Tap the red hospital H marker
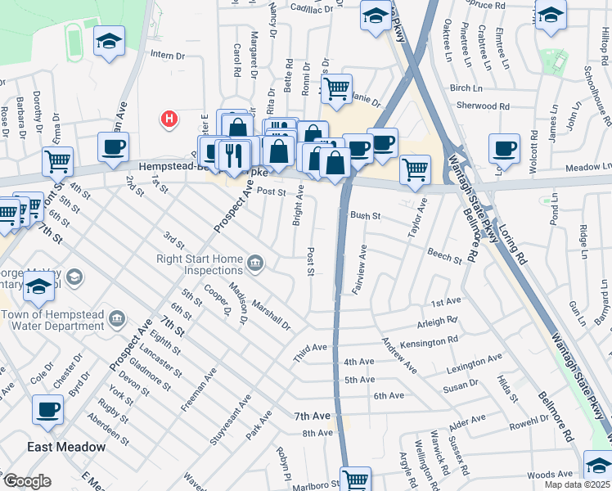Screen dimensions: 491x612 click(x=169, y=119)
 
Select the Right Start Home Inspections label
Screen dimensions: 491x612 click(x=201, y=264)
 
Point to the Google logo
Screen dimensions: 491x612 click(x=27, y=481)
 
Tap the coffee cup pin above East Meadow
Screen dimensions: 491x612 click(x=48, y=410)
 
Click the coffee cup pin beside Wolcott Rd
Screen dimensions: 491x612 click(x=504, y=148)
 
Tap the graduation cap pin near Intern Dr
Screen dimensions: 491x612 click(x=109, y=43)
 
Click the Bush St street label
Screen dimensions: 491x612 click(x=366, y=216)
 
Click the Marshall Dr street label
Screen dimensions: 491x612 click(x=271, y=315)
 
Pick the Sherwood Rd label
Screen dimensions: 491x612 click(x=482, y=106)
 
